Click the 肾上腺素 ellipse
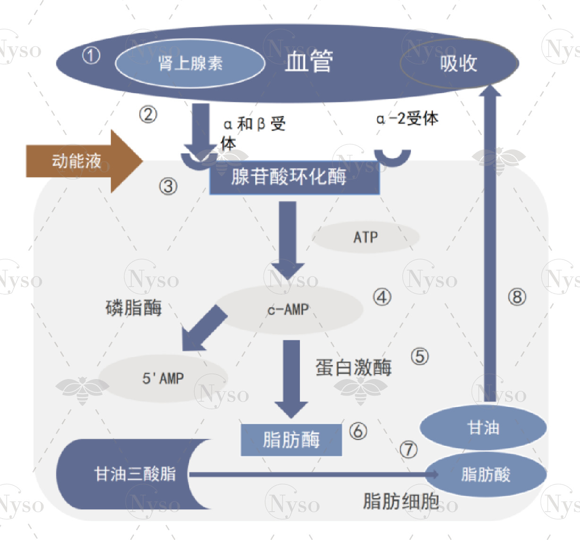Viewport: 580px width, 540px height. point(190,63)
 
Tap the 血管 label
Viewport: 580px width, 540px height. point(309,61)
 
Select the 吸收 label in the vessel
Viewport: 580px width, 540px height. point(458,63)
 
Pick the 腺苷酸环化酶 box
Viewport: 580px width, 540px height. point(294,177)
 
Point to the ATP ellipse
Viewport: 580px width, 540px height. point(366,237)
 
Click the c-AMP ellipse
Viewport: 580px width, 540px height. point(288,310)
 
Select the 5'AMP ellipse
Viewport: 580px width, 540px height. point(163,378)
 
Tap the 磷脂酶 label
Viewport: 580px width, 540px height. point(134,308)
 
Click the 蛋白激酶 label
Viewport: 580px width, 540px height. point(353,367)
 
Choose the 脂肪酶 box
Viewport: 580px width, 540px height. point(291,440)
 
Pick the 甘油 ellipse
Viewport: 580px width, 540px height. point(483,428)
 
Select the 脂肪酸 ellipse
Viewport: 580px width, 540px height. point(486,474)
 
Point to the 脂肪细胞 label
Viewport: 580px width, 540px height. point(401,501)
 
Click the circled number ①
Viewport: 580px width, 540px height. point(91,56)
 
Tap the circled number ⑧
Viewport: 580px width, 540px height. point(517,297)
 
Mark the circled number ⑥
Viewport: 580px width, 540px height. point(358,430)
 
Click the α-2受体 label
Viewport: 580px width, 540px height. point(407,118)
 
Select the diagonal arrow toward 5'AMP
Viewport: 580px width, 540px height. point(204,328)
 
